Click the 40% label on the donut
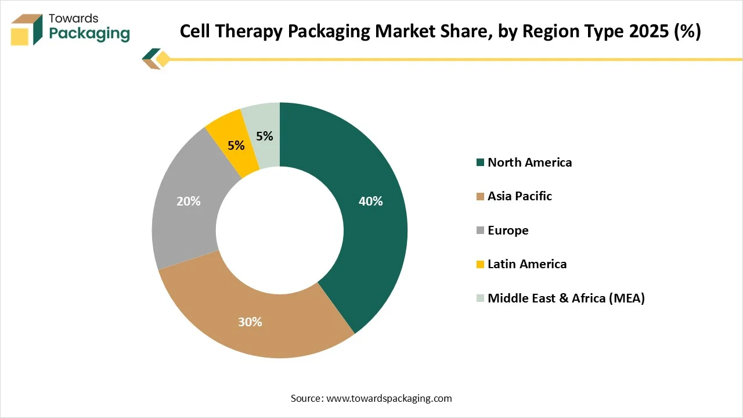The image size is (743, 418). (370, 201)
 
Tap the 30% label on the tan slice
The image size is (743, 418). (250, 322)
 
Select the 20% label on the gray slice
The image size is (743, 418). (188, 201)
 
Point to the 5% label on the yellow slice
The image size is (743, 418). (236, 146)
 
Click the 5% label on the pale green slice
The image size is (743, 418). (265, 136)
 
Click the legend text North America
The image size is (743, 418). (529, 163)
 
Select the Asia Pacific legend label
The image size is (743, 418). (520, 196)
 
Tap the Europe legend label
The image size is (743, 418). (508, 230)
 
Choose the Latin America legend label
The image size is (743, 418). (527, 264)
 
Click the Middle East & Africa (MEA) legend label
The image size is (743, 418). (566, 298)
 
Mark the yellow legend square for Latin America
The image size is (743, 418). (480, 265)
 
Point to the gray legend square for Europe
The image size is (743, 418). (480, 231)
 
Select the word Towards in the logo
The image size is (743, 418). (74, 18)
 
